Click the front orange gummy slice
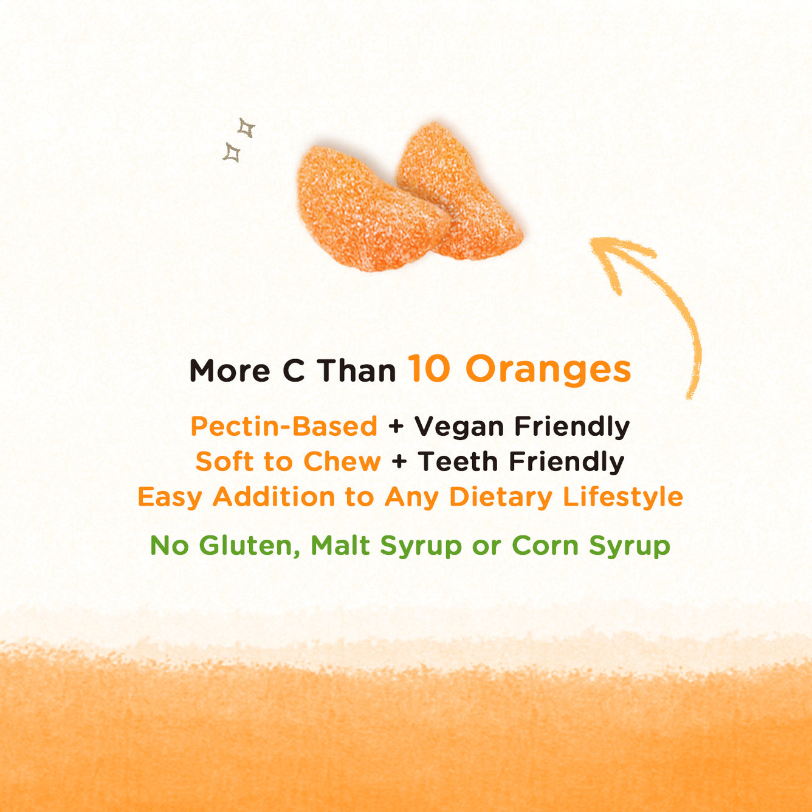pyautogui.click(x=371, y=208)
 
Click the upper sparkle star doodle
pyautogui.click(x=246, y=128)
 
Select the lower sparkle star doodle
pyautogui.click(x=232, y=153)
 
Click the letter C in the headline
pyautogui.click(x=294, y=371)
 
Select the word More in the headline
pyautogui.click(x=230, y=371)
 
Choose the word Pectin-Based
pyautogui.click(x=284, y=426)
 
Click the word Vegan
pyautogui.click(x=459, y=427)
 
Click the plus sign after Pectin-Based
pyautogui.click(x=396, y=427)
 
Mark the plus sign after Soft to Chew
pyautogui.click(x=399, y=462)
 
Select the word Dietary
pyautogui.click(x=501, y=497)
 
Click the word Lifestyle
pyautogui.click(x=623, y=497)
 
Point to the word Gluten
pyautogui.click(x=249, y=546)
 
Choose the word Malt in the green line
pyautogui.click(x=340, y=545)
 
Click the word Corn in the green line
pyautogui.click(x=545, y=546)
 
